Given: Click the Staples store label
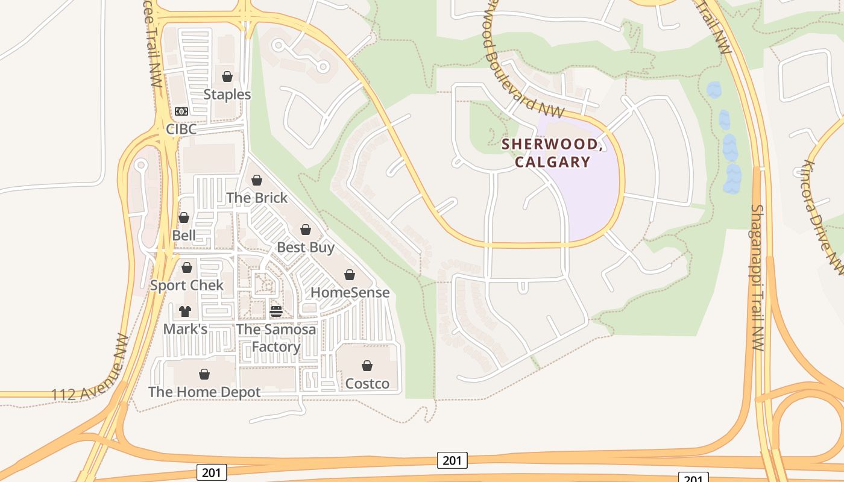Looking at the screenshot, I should [x=227, y=95].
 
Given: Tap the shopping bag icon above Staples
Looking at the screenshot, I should [x=227, y=77].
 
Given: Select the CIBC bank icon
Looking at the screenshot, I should [x=181, y=111].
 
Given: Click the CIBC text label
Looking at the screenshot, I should [x=181, y=130].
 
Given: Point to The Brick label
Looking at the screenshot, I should [x=257, y=198].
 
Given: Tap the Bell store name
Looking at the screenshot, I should [x=184, y=235].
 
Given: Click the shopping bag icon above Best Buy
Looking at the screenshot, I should [x=306, y=230].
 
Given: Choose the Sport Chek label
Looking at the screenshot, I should [x=187, y=285].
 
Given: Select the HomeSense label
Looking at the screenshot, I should [x=350, y=292].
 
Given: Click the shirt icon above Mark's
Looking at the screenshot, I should [x=185, y=311].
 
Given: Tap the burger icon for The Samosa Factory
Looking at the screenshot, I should [x=276, y=311].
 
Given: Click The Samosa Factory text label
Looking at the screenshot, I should [x=276, y=338].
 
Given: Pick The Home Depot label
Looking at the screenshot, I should [x=204, y=392].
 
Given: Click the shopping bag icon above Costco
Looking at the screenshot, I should [x=367, y=366].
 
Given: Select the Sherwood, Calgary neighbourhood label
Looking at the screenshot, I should [x=552, y=153].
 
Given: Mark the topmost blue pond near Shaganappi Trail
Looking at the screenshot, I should [x=714, y=90].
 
